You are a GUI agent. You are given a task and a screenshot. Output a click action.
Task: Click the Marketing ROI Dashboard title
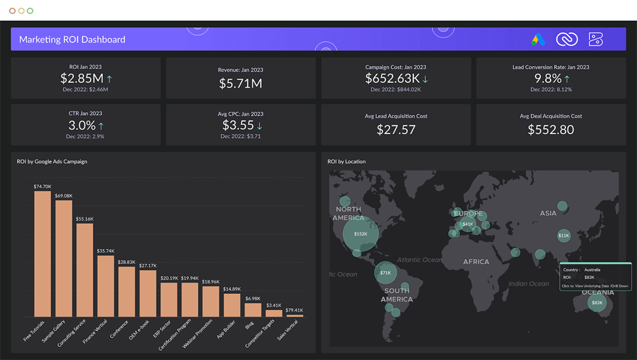pyautogui.click(x=72, y=40)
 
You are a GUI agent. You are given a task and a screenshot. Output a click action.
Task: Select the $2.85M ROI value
pyautogui.click(x=82, y=78)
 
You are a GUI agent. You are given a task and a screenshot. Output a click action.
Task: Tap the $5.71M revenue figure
pyautogui.click(x=240, y=83)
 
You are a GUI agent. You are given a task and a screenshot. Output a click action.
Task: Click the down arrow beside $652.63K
pyautogui.click(x=425, y=79)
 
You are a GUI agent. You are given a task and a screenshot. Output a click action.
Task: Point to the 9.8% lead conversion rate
pyautogui.click(x=548, y=78)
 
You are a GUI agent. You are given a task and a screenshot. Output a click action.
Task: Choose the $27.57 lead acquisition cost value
pyautogui.click(x=396, y=129)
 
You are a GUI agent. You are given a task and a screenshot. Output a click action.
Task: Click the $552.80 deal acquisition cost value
pyautogui.click(x=551, y=129)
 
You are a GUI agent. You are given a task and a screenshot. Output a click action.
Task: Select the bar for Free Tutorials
pyautogui.click(x=42, y=253)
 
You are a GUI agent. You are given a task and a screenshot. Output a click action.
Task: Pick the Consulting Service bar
pyautogui.click(x=85, y=269)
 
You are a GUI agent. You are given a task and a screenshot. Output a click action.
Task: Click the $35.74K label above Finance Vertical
pyautogui.click(x=106, y=251)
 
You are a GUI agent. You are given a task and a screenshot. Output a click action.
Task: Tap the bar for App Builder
pyautogui.click(x=232, y=305)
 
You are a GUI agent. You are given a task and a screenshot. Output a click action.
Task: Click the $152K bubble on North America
pyautogui.click(x=360, y=234)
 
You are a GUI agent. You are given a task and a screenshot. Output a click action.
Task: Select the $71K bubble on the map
pyautogui.click(x=385, y=273)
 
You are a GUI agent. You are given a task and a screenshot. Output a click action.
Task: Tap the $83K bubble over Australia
pyautogui.click(x=596, y=303)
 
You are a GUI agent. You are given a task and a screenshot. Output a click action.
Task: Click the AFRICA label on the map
pyautogui.click(x=476, y=262)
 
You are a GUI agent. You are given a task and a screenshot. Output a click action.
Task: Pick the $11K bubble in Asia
pyautogui.click(x=564, y=235)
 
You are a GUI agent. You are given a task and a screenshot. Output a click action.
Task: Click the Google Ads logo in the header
pyautogui.click(x=538, y=40)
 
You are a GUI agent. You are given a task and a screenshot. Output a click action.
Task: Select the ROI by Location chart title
pyautogui.click(x=347, y=162)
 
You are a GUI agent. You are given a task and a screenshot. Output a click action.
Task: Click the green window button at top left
pyautogui.click(x=30, y=11)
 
